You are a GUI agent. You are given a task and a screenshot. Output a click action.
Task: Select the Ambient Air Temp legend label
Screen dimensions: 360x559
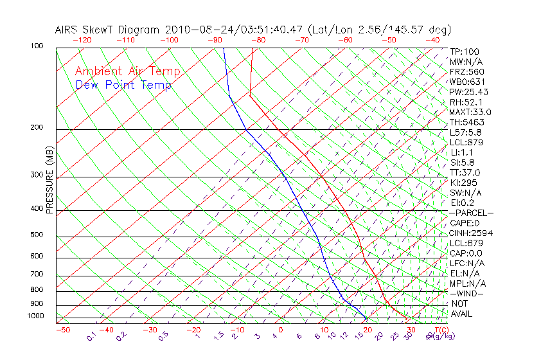click(127, 71)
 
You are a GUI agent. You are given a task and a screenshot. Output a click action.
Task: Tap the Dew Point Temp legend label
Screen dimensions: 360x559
click(123, 85)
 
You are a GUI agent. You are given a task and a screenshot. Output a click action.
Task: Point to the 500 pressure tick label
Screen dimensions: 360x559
click(37, 235)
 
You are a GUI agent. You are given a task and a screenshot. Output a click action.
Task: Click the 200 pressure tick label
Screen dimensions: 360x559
click(37, 128)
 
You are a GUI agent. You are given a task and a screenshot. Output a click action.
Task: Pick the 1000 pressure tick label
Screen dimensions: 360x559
click(35, 316)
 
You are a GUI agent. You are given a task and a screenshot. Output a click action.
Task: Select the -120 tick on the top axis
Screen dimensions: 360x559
click(81, 40)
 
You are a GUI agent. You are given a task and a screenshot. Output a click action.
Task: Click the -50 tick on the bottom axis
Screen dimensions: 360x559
click(62, 330)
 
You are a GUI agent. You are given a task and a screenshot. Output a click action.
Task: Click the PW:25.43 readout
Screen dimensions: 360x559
click(469, 92)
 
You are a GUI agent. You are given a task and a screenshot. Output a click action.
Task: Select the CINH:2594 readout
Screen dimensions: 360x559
click(471, 233)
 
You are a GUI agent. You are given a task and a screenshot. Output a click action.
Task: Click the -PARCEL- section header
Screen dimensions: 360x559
click(471, 213)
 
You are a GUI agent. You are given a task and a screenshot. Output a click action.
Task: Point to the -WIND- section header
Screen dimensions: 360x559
click(467, 293)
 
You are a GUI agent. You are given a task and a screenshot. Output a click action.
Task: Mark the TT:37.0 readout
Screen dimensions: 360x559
click(465, 172)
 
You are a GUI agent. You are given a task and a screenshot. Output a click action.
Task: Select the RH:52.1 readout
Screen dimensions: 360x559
click(466, 102)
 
